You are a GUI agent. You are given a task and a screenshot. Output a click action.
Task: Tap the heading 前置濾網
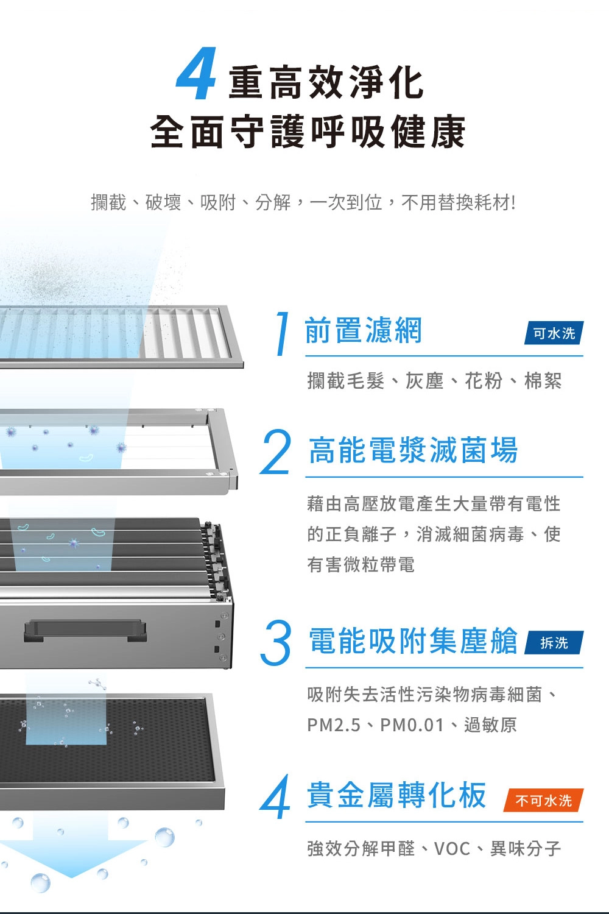[x=363, y=330]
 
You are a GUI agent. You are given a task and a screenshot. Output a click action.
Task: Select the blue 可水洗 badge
[x=554, y=333]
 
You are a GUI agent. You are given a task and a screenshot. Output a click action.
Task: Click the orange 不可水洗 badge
[x=544, y=801]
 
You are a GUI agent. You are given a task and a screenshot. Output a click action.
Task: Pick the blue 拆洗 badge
[x=554, y=643]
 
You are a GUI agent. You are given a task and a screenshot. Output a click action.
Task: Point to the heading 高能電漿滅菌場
[x=413, y=450]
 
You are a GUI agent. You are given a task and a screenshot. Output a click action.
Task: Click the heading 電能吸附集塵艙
[x=413, y=640]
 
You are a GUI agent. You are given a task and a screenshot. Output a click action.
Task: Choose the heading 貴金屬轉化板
[x=396, y=795]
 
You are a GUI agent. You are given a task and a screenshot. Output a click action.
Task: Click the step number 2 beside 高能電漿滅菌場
[x=276, y=452]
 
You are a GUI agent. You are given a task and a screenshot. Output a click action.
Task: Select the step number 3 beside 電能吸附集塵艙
[x=276, y=643]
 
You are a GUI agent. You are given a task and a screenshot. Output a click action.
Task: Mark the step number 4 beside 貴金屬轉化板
[x=275, y=797]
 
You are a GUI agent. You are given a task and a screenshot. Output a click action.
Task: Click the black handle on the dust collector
[x=85, y=630]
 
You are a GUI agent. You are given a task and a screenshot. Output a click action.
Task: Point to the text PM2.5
[x=334, y=726]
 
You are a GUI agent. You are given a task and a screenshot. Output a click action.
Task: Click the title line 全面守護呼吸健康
[x=308, y=132]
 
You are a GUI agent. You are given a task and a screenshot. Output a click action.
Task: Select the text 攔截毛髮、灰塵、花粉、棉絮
[x=434, y=381]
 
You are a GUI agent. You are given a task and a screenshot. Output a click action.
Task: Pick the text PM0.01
[x=412, y=726]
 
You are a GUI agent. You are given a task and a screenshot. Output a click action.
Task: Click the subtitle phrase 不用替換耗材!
[x=459, y=202]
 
